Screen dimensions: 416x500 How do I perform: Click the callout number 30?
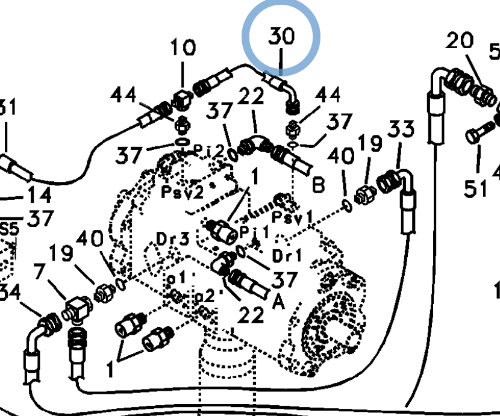pos(281,37)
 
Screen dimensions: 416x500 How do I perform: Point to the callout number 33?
pos(401,130)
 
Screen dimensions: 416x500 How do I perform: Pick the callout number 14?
pos(39,196)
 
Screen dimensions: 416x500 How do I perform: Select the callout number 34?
pos(10,294)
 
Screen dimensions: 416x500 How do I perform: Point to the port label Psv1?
pos(294,216)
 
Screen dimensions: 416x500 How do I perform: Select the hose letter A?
pos(278,302)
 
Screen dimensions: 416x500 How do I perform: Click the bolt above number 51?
pos(477,135)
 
